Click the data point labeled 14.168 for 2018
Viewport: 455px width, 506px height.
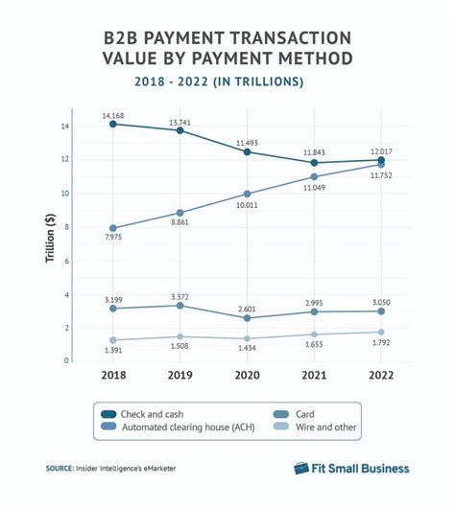[113, 124]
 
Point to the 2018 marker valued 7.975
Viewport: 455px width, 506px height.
[113, 228]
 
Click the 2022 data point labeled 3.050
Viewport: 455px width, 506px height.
[381, 310]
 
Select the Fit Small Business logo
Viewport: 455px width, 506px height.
[350, 469]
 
